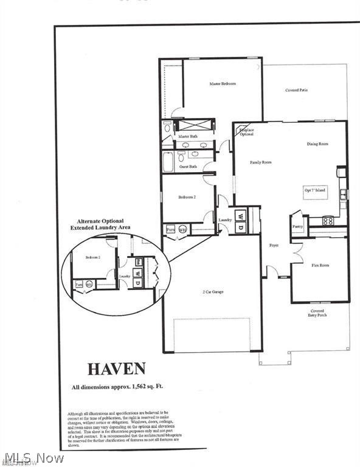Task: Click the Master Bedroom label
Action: [x=223, y=83]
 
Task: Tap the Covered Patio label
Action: [x=297, y=90]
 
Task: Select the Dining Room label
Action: [x=317, y=144]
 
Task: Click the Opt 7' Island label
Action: [x=315, y=190]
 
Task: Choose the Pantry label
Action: [x=297, y=226]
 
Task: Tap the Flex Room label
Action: [x=320, y=265]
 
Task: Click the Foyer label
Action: [x=274, y=246]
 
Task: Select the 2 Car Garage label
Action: [x=213, y=292]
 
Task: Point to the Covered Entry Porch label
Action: [x=317, y=313]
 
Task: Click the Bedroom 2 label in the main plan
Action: [x=187, y=197]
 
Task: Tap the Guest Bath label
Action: [x=188, y=166]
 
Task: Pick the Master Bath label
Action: [x=188, y=136]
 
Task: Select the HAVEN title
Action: [x=117, y=368]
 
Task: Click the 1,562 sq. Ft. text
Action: [x=143, y=387]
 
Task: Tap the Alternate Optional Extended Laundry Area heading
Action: [x=100, y=224]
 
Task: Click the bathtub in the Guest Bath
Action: [x=168, y=162]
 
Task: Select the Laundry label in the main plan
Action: [x=226, y=220]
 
